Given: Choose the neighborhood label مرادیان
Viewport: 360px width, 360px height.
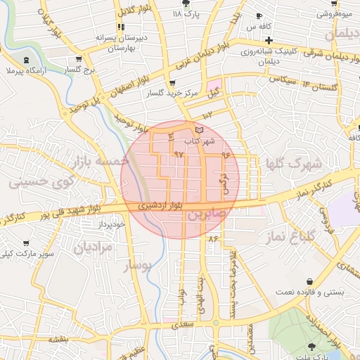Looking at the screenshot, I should (92, 247).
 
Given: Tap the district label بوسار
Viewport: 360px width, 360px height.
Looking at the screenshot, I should (138, 266).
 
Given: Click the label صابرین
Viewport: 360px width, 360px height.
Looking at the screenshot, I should (204, 214).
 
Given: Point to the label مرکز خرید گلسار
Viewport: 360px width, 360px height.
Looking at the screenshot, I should (167, 93).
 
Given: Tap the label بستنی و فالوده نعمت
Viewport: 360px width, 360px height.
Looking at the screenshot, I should (305, 291).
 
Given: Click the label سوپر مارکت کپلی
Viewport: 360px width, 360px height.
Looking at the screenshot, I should (32, 253).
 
